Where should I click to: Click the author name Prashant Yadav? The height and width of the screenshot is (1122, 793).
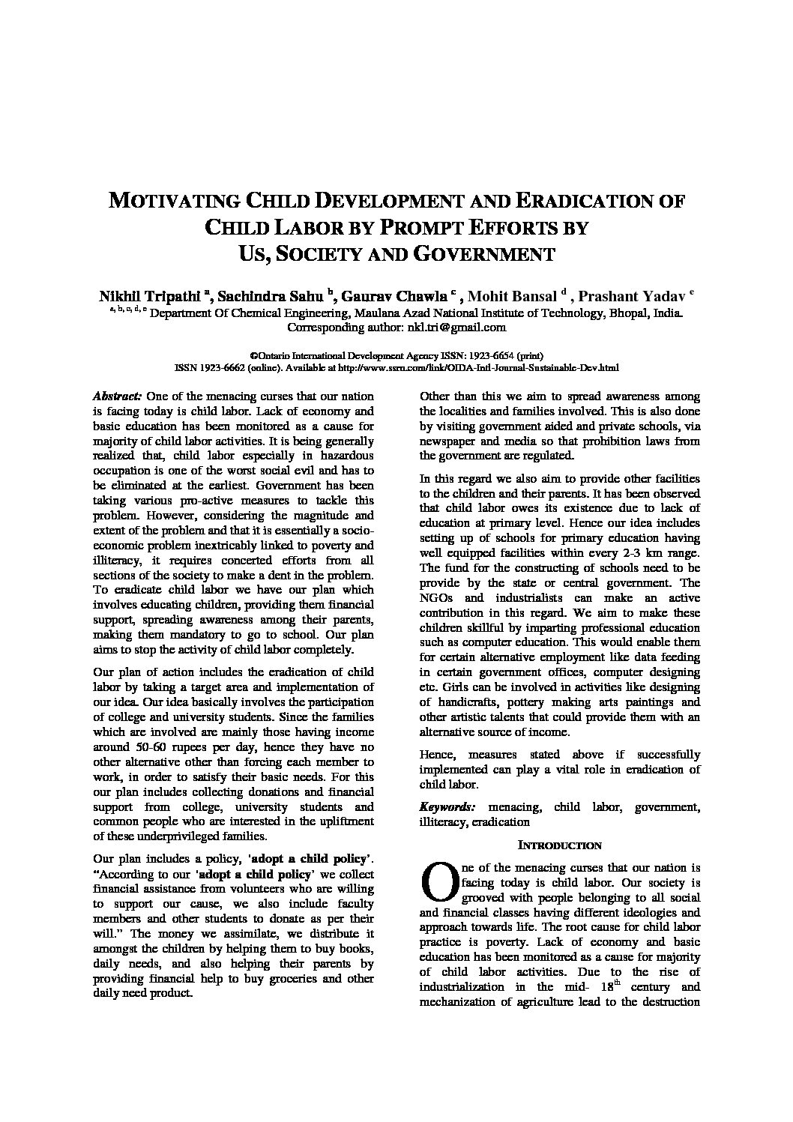pos(635,296)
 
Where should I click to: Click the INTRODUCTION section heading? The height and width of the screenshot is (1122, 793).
pos(560,845)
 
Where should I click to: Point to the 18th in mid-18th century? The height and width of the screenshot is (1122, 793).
pos(597,986)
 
